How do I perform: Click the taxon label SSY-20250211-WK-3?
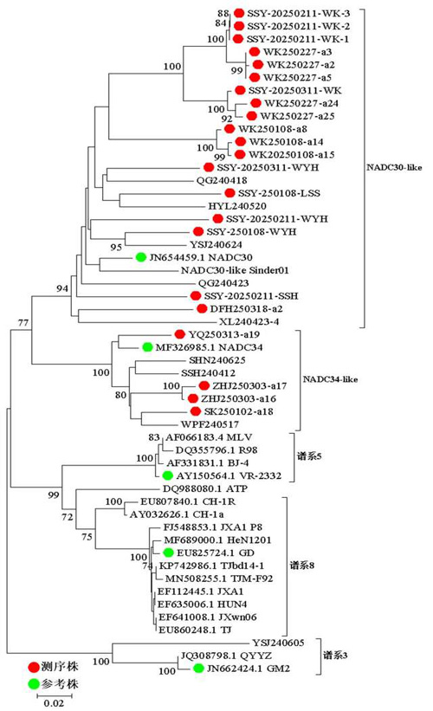click(299, 14)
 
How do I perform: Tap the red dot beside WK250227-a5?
click(255, 78)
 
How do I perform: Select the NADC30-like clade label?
click(394, 167)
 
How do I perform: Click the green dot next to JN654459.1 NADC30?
click(141, 257)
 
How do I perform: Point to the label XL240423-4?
click(249, 322)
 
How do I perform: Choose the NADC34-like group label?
click(330, 379)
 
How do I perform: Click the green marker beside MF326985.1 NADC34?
click(147, 347)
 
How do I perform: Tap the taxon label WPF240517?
click(210, 424)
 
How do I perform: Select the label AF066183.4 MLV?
click(209, 437)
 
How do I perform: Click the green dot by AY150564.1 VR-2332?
click(167, 475)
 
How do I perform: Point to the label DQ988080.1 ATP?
click(205, 488)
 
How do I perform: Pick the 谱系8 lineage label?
click(302, 566)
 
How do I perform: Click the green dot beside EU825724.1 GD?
click(168, 553)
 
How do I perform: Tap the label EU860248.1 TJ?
click(195, 630)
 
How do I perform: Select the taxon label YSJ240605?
click(278, 643)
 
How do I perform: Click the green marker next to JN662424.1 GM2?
click(198, 668)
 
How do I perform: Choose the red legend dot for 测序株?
click(34, 667)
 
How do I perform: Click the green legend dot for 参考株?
click(34, 683)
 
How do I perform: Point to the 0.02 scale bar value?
click(54, 703)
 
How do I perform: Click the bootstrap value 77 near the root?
click(23, 323)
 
